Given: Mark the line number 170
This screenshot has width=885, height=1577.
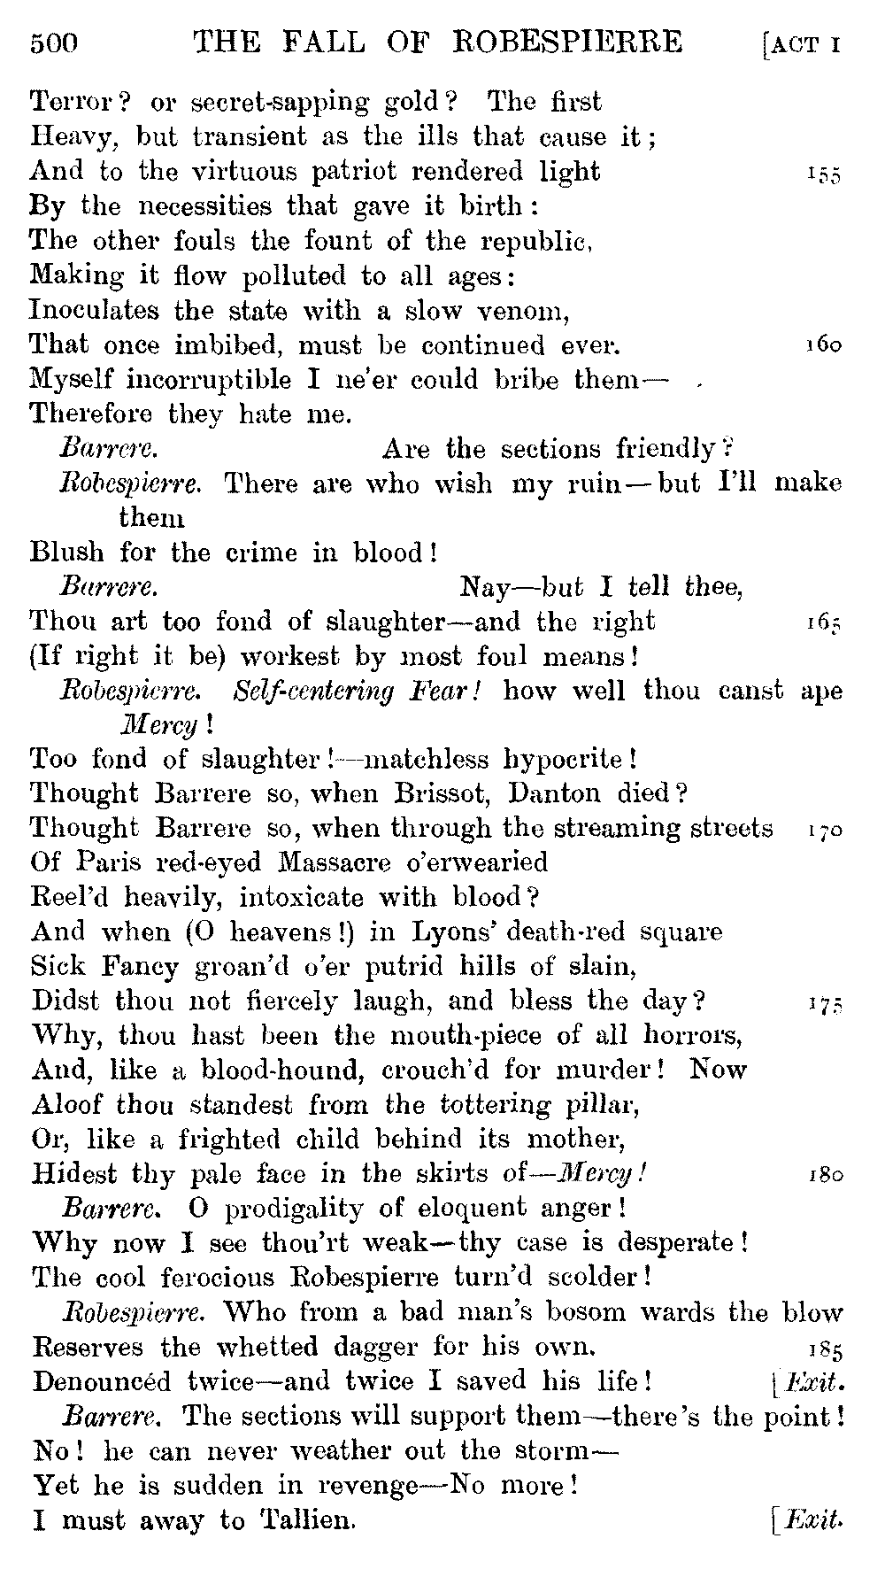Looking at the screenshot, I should point(824,830).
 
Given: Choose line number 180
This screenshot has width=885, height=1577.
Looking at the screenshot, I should point(824,1176).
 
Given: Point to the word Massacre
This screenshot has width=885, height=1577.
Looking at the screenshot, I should point(333,862).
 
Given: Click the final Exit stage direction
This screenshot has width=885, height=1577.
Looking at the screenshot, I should point(807,1520).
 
